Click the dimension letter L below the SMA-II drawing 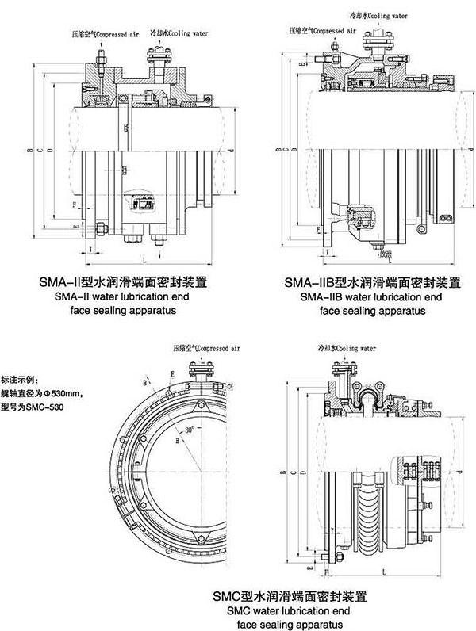pos(144,260)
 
